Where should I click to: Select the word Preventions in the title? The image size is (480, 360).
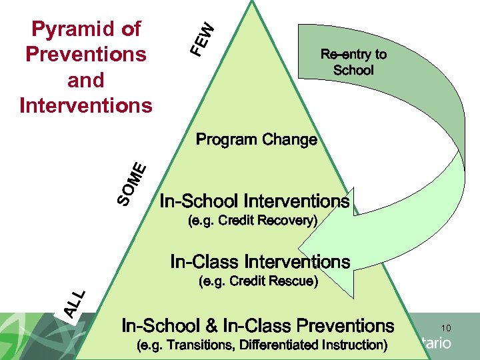coord(85,53)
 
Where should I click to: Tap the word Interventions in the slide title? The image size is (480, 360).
coord(85,105)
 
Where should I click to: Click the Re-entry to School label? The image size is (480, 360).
coord(353,62)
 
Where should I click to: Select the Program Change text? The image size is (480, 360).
coord(257,140)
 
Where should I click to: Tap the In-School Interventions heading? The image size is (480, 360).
coord(253,201)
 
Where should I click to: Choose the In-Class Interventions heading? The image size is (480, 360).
coord(260,261)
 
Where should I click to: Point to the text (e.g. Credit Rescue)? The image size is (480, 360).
coord(259,281)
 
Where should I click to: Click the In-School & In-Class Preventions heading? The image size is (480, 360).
coord(257,326)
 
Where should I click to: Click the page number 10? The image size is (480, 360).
coord(446,328)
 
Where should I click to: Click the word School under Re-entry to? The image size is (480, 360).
coord(353,70)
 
